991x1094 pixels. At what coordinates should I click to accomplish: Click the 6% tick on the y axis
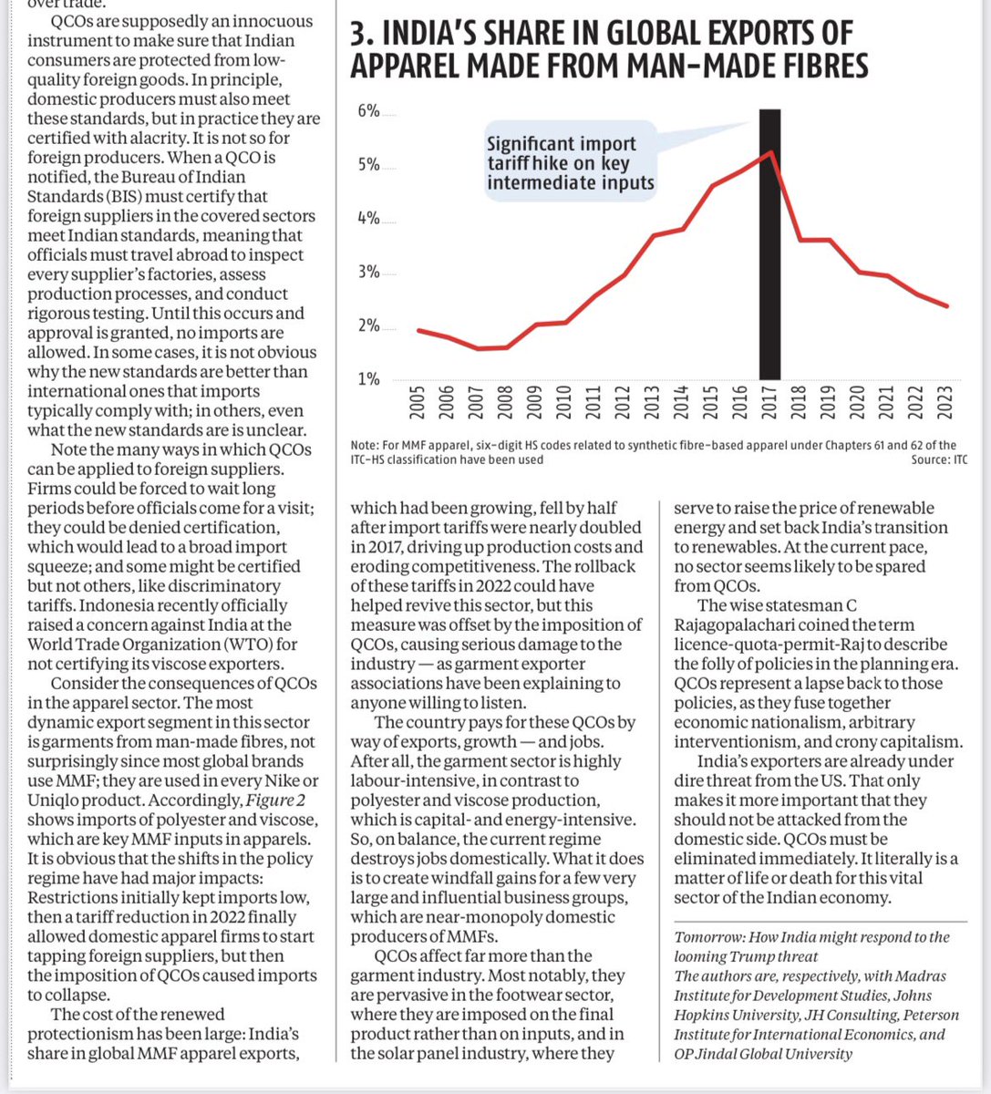tap(368, 111)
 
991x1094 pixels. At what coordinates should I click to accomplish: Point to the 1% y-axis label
tap(368, 379)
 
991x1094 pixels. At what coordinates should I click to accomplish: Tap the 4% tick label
tap(368, 219)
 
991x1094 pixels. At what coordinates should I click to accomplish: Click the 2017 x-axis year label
tap(769, 403)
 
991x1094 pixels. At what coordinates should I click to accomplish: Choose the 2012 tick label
tap(623, 403)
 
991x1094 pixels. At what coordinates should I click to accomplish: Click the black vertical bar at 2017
tap(769, 273)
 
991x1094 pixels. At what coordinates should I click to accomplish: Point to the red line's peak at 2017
tap(771, 151)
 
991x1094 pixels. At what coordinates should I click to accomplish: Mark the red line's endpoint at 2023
tap(947, 305)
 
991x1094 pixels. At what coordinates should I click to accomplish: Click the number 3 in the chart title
tap(358, 35)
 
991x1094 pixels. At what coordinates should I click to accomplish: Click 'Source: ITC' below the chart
tap(938, 459)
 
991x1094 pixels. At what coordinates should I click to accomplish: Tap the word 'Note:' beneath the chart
tap(365, 445)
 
